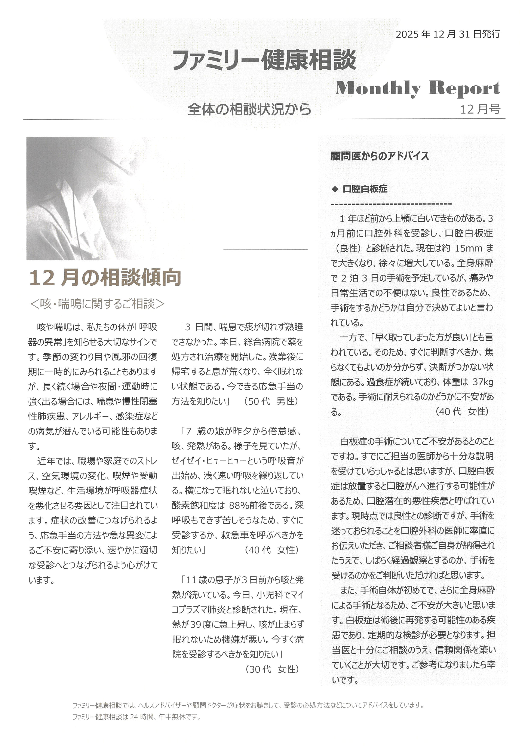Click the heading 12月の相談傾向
[x=105, y=278]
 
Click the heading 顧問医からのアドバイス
[x=379, y=156]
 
